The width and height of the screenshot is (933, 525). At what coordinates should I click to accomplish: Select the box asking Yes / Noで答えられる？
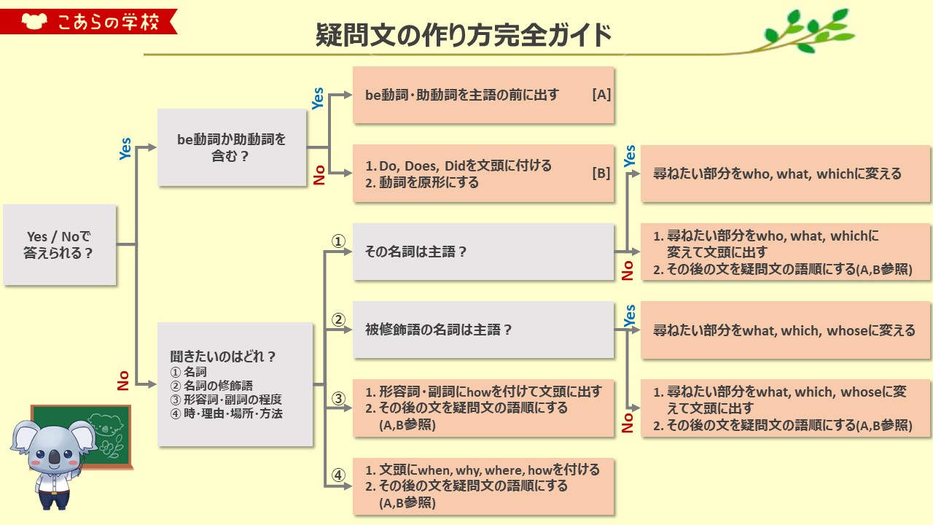60,244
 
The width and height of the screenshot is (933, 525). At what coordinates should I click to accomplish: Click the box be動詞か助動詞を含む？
232,147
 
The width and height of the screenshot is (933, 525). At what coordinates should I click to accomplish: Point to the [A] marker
601,95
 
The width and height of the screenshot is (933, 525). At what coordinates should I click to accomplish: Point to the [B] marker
601,174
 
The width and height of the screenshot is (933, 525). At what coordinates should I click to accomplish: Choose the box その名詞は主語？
483,252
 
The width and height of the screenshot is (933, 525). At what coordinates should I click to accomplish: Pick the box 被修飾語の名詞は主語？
483,330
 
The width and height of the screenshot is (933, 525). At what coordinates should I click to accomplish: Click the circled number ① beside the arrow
338,241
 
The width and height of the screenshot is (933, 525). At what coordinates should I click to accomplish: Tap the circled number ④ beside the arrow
338,475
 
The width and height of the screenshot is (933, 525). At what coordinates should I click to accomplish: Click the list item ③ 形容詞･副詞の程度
226,400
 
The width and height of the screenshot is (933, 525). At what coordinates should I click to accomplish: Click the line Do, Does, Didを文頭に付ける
465,166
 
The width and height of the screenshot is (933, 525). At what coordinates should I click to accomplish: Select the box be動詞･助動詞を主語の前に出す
483,95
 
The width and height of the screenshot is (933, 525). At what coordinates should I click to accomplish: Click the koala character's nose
53,456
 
